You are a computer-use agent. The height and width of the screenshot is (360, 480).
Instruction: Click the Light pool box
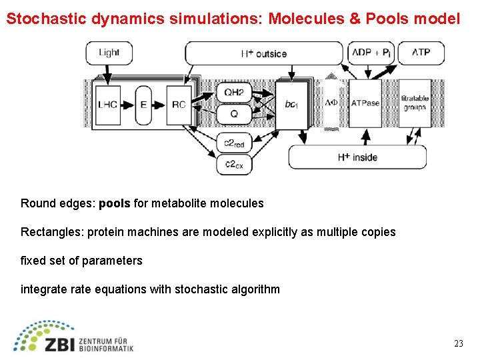click(109, 53)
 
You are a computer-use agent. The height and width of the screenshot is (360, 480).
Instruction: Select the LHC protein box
click(109, 104)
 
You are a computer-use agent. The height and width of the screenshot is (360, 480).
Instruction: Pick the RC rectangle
click(179, 104)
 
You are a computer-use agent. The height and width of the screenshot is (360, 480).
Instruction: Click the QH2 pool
click(233, 93)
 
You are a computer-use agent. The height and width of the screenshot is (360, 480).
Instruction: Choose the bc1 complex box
click(292, 104)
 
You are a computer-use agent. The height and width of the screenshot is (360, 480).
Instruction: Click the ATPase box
click(365, 103)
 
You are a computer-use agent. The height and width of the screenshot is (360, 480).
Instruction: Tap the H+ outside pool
click(264, 53)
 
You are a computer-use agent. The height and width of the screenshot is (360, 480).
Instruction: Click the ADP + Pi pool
click(371, 53)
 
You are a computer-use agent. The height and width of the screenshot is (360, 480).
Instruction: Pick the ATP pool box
click(421, 53)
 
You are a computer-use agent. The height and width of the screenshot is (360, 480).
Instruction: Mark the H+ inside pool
click(357, 157)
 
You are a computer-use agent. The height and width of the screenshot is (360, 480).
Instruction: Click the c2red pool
click(233, 143)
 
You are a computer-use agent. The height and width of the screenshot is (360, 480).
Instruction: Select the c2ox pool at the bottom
click(233, 165)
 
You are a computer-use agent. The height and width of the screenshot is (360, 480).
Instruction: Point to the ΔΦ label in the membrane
click(331, 103)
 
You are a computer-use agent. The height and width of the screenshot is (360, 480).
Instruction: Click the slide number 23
click(458, 344)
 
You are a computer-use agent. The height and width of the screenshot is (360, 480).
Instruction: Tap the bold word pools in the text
click(115, 203)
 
